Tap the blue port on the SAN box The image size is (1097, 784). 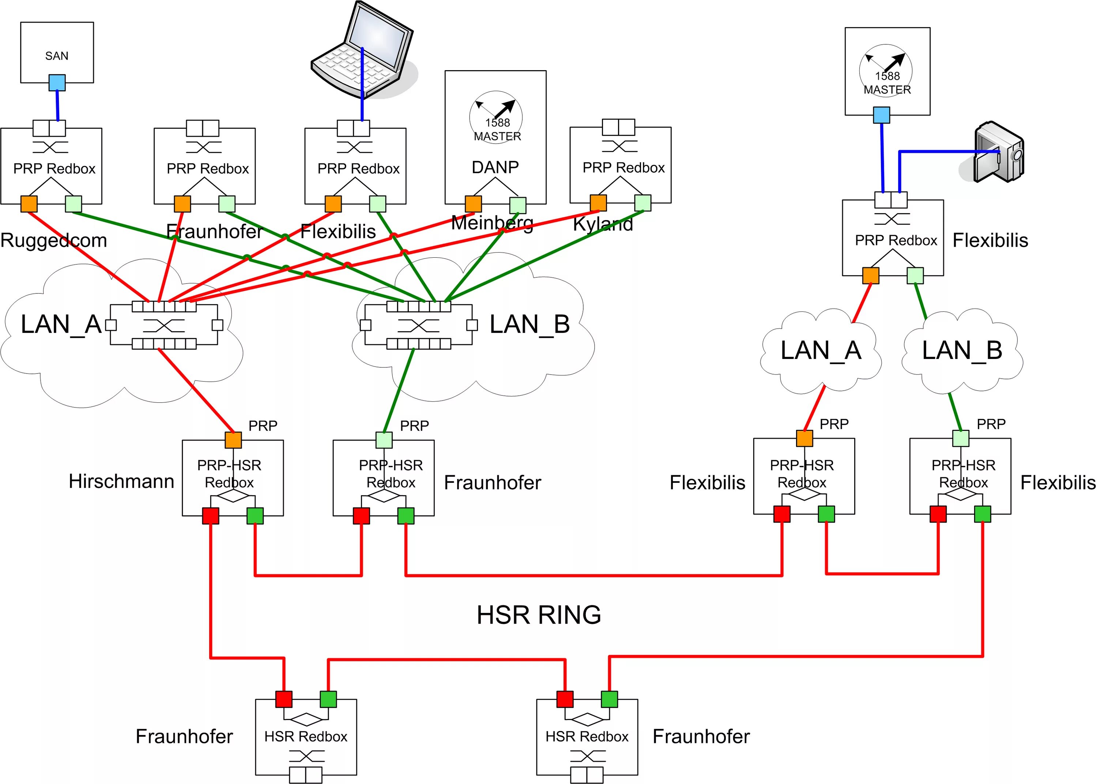(x=57, y=83)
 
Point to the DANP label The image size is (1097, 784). (x=495, y=167)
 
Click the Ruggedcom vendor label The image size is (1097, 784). (x=54, y=240)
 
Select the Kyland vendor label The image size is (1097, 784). (x=603, y=224)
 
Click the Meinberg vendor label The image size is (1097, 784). (x=492, y=223)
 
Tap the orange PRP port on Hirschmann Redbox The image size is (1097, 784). (x=233, y=440)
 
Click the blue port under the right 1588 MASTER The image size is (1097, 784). (x=882, y=115)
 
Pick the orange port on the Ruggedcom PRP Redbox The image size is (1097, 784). (x=29, y=204)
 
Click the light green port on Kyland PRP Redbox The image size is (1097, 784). (x=642, y=203)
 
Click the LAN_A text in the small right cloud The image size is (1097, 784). (x=821, y=351)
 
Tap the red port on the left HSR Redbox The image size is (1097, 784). (x=284, y=698)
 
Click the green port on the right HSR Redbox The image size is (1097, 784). (x=609, y=698)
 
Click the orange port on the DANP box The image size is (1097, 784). (x=473, y=204)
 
